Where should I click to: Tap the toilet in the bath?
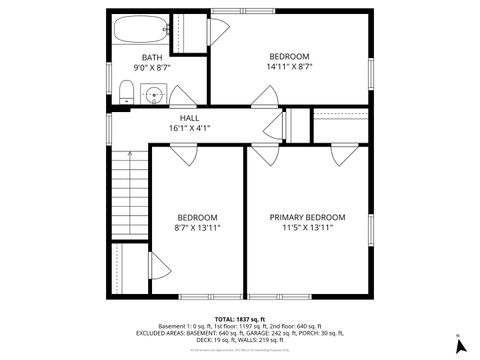coord(125,94)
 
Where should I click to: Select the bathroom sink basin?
coord(153,96)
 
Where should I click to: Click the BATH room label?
coord(152,57)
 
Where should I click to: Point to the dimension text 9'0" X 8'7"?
coord(152,68)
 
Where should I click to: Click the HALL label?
coord(189,117)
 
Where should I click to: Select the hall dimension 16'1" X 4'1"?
coord(189,128)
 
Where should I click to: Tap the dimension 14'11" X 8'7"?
coord(289,68)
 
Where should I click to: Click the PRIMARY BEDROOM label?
coord(307,217)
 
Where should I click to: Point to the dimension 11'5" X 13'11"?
coord(307,228)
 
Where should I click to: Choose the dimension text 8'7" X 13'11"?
coord(197,228)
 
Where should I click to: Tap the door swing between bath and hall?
coord(182,97)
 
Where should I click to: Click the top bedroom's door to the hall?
coord(264,97)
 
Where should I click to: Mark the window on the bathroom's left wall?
coord(109,75)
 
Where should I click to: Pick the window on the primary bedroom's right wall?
coord(370,230)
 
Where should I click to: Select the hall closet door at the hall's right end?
coord(271,125)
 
